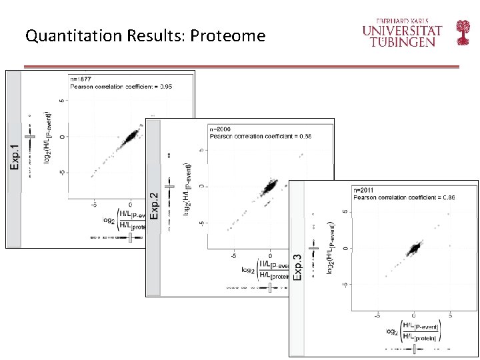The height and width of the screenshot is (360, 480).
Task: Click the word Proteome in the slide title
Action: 227,36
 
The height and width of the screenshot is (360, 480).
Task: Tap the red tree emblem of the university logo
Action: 463,31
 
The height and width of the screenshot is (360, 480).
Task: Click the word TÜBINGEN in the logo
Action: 403,41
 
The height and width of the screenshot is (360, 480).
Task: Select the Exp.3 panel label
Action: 298,265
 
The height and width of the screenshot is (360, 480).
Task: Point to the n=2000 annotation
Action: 221,128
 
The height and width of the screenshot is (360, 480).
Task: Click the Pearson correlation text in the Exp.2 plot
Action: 260,136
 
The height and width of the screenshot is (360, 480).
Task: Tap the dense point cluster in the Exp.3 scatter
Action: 413,249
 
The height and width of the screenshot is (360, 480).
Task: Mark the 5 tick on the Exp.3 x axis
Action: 450,315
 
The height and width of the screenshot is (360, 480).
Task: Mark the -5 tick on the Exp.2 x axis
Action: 233,255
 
